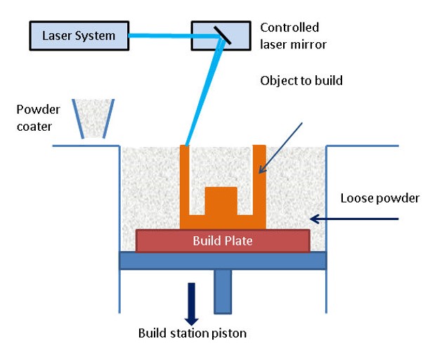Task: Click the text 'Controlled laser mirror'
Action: (x=289, y=35)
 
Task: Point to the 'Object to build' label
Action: (x=301, y=81)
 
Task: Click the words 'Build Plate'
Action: (x=223, y=240)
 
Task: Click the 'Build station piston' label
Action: (x=192, y=333)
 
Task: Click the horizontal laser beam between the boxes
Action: (x=162, y=35)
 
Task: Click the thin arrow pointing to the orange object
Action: (x=282, y=147)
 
